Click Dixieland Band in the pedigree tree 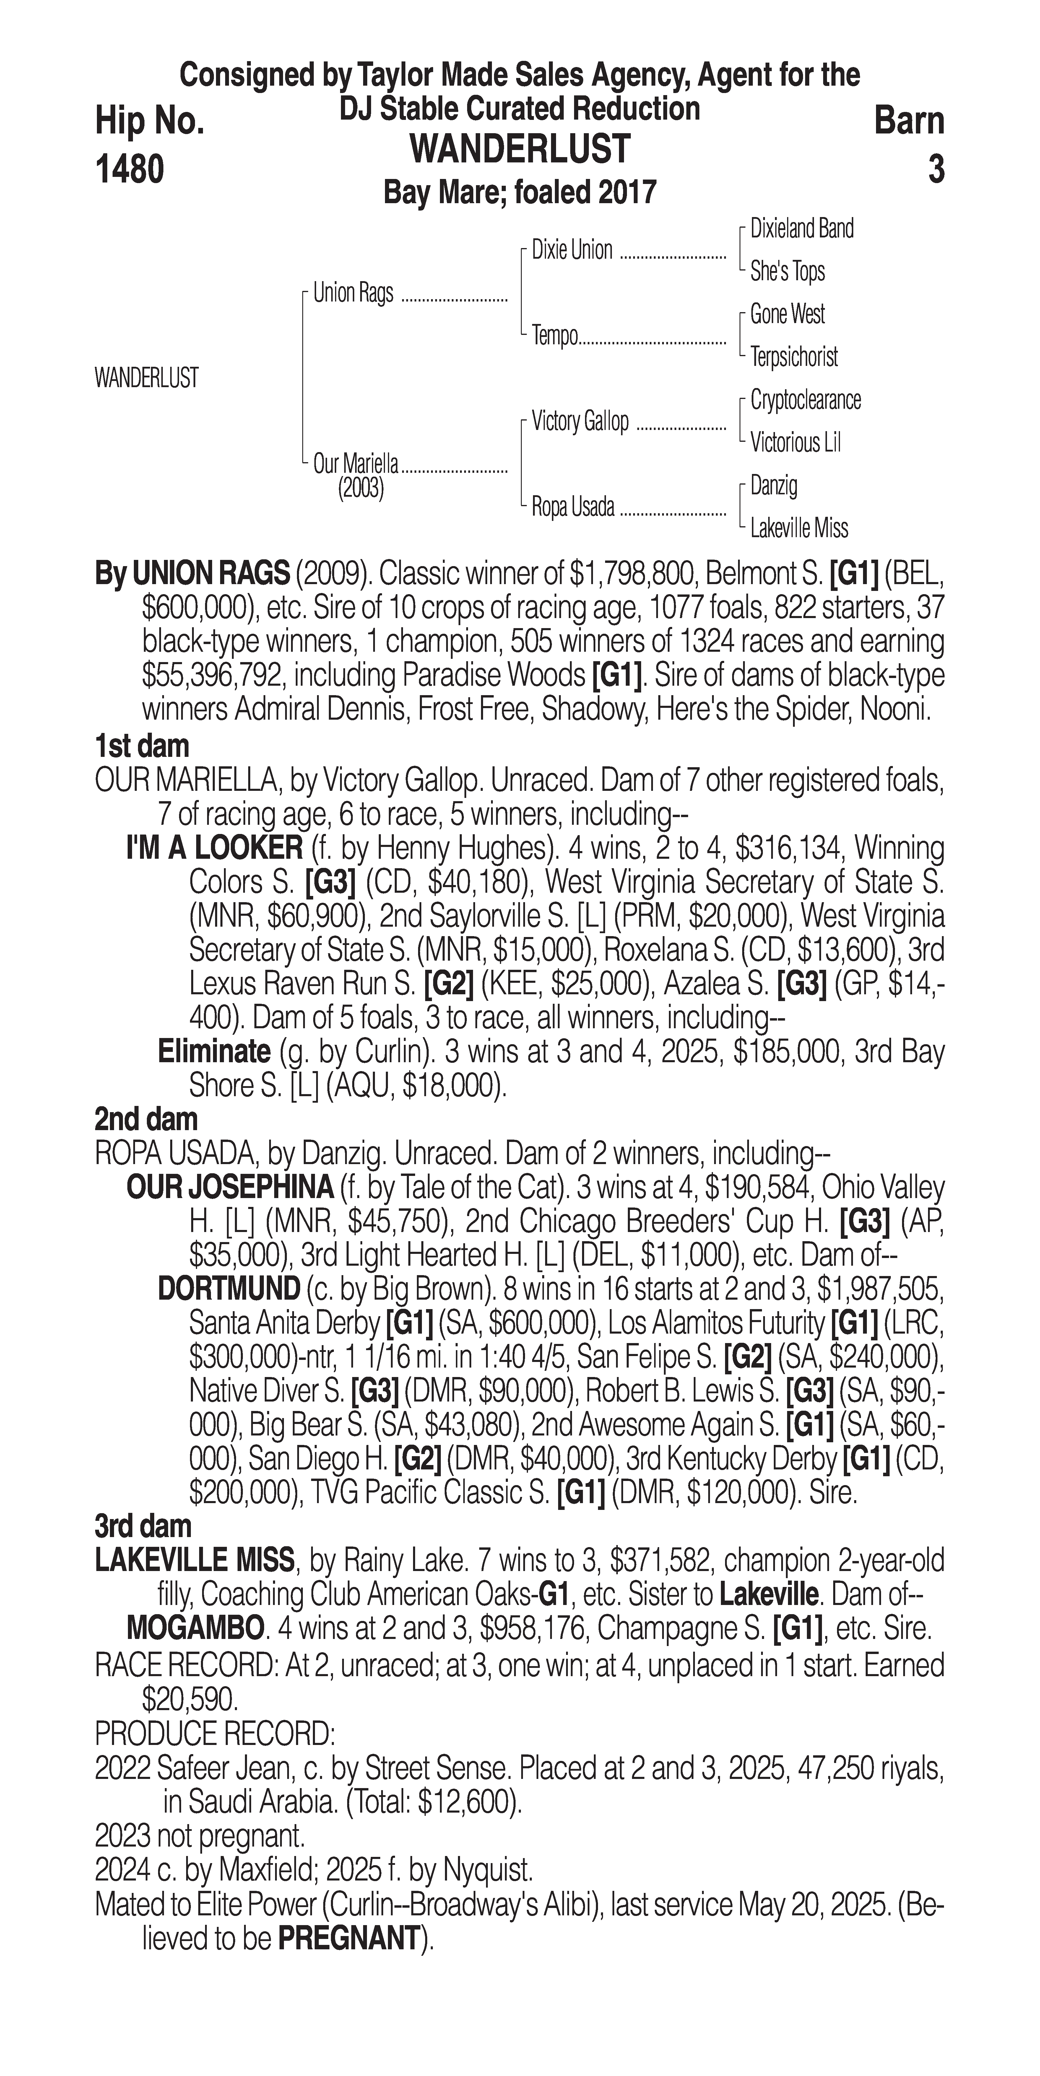point(801,229)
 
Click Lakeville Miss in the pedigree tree point(799,529)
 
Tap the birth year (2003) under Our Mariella point(360,488)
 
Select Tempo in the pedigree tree point(555,335)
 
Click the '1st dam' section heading point(142,746)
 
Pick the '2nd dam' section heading point(146,1120)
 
